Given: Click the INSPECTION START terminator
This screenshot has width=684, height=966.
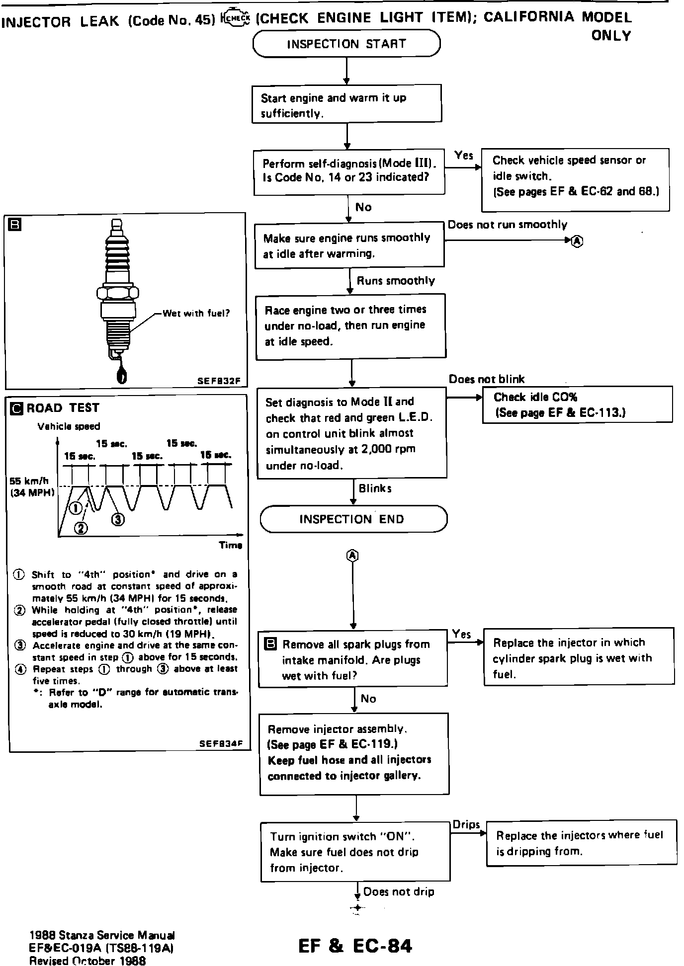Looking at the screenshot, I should point(346,44).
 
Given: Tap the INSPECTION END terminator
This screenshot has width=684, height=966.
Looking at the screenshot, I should point(353,519).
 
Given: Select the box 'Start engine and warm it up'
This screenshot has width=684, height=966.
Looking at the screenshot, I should point(346,103).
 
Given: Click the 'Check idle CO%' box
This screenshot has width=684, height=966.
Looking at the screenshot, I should point(577,404).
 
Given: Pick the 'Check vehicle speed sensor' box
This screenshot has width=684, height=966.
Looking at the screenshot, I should point(575,176).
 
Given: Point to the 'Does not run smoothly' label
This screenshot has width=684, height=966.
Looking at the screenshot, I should point(507,225).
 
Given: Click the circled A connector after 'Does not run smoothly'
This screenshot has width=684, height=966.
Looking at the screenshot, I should point(577,241).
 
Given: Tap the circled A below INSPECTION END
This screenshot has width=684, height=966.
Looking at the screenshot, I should point(352,556).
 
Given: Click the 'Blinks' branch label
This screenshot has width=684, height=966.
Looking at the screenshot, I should point(375,488).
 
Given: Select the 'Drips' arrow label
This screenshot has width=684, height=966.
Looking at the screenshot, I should point(466,824).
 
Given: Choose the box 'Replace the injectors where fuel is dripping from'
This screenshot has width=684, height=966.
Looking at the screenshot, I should point(581,843).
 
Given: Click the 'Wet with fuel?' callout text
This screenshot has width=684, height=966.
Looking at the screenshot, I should point(196,314).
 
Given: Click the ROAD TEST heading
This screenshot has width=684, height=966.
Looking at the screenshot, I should point(63,408).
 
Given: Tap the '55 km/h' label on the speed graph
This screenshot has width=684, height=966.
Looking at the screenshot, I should point(29,481).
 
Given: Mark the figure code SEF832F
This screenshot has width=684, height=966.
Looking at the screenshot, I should point(219,382).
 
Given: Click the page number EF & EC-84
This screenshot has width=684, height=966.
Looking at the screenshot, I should point(355,946).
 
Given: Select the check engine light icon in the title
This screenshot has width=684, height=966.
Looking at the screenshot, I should point(235,18).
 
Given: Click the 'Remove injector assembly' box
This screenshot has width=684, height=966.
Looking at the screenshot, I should point(354,753).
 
